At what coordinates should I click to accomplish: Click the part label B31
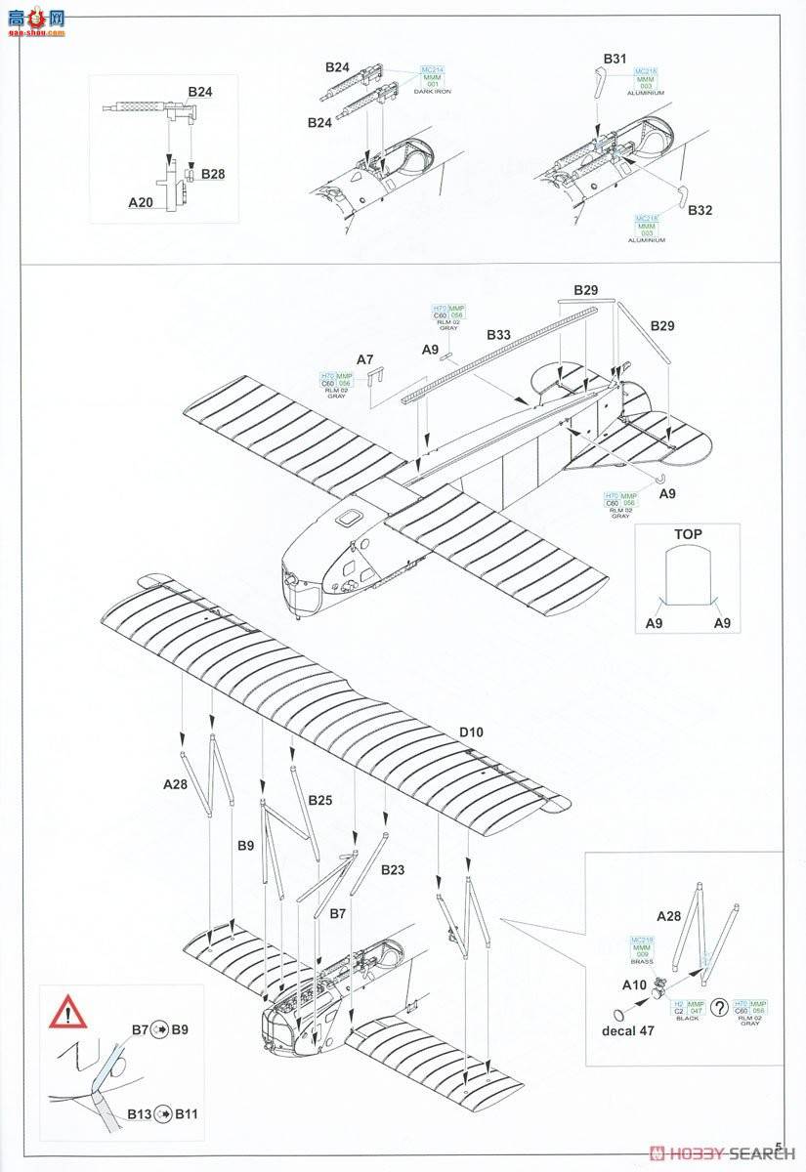click(614, 60)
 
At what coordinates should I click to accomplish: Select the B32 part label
click(700, 209)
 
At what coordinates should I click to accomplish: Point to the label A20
click(142, 203)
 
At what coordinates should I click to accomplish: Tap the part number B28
click(213, 174)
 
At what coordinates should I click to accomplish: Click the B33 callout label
click(498, 335)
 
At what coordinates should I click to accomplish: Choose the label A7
click(364, 360)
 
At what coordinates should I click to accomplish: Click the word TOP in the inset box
click(688, 534)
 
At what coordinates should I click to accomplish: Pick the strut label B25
click(320, 800)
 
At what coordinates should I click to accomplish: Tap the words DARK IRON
click(431, 91)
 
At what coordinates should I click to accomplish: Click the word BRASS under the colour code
click(642, 961)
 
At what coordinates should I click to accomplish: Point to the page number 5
click(779, 1147)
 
